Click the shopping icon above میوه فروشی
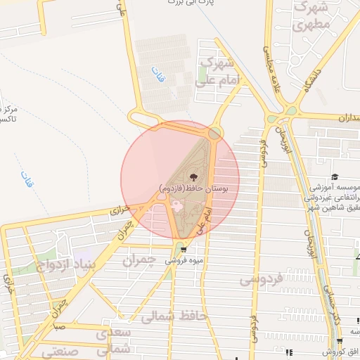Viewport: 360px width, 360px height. [x=184, y=249]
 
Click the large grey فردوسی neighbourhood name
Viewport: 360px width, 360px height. [x=262, y=279]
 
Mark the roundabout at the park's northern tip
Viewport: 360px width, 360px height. [x=214, y=132]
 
